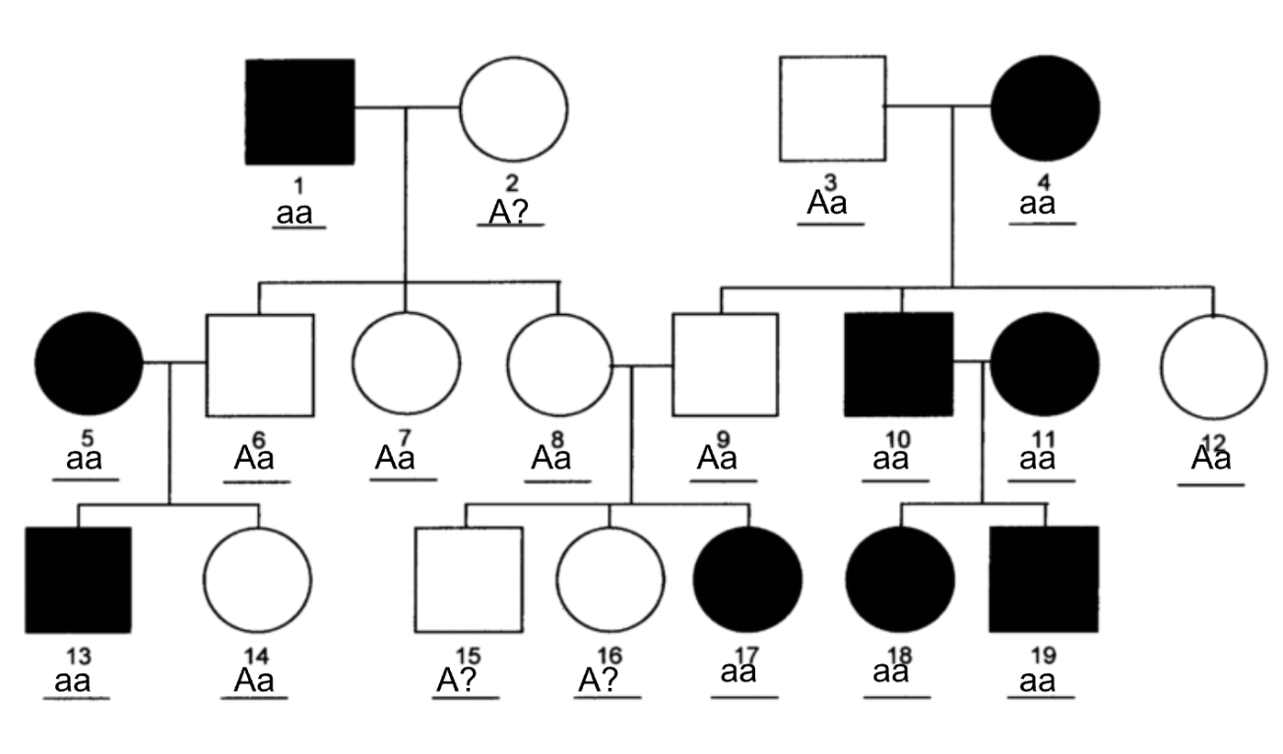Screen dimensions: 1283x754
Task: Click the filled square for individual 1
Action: click(300, 111)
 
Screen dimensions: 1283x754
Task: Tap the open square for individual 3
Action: click(780, 108)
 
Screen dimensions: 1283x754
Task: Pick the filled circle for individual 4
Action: click(1046, 108)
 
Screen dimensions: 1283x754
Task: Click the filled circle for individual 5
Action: click(89, 363)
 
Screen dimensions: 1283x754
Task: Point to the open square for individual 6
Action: click(207, 365)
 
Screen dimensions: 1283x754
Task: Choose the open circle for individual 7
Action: click(353, 363)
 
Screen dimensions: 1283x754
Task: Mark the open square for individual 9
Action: click(673, 364)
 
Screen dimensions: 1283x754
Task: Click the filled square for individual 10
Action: click(899, 364)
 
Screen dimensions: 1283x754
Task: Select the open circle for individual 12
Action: click(1162, 367)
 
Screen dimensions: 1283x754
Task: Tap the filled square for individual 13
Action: click(79, 580)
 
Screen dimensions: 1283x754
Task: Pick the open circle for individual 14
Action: click(204, 581)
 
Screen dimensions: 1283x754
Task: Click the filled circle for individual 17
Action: click(748, 580)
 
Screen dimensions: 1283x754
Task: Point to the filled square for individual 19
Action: click(1044, 580)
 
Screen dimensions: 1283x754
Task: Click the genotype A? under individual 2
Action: click(509, 213)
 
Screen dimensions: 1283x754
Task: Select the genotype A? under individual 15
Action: click(457, 680)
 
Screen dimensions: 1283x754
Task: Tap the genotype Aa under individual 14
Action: click(254, 680)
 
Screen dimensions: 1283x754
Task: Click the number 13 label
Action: click(79, 657)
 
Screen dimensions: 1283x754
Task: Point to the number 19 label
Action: click(1044, 656)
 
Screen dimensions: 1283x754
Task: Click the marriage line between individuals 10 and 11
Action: click(972, 361)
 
